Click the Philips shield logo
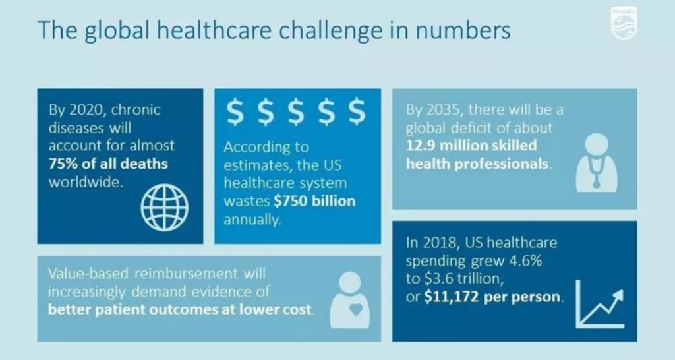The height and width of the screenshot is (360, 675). point(624,23)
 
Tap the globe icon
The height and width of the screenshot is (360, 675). point(164,208)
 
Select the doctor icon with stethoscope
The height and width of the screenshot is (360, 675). point(596,163)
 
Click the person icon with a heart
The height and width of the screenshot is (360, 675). point(349,300)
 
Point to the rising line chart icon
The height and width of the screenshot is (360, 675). point(600,303)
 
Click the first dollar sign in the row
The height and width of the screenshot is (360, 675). point(235,111)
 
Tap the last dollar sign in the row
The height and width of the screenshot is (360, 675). point(357,111)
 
